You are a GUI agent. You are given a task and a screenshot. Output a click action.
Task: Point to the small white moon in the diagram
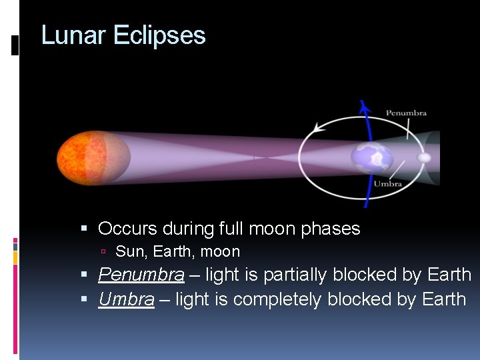pos(424,158)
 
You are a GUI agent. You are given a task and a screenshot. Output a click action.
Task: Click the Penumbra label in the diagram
pos(406,113)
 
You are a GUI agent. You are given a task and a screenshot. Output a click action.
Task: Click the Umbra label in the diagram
pos(387,183)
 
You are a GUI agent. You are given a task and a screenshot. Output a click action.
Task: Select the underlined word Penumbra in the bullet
pos(141,275)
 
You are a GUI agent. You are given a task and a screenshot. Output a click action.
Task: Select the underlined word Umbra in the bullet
pos(126,299)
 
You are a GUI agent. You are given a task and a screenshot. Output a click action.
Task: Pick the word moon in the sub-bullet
pos(223,252)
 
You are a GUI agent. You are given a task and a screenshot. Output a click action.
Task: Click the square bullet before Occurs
pos(84,229)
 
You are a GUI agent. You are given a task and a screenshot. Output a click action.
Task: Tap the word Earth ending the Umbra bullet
pos(444,299)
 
